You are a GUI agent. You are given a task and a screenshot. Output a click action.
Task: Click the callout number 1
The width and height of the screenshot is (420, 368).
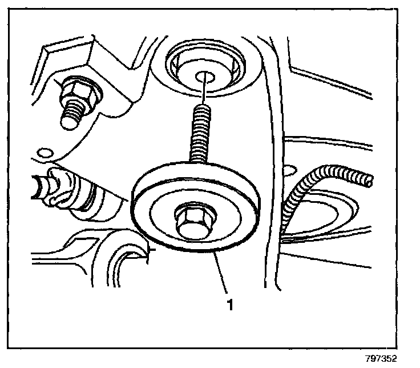click(x=231, y=305)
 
